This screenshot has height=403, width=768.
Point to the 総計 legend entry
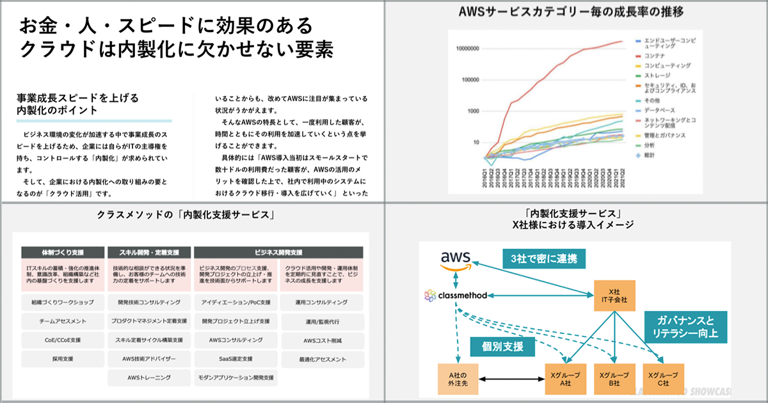tap(651, 154)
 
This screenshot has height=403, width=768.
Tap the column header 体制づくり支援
tap(63, 252)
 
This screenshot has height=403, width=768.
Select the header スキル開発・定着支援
tap(149, 252)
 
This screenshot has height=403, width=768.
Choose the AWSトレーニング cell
tap(148, 378)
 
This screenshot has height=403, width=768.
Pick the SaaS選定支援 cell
tap(236, 359)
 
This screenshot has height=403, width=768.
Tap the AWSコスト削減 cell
tap(322, 340)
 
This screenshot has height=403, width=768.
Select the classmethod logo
tap(456, 296)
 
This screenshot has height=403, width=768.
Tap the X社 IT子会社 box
tap(614, 296)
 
